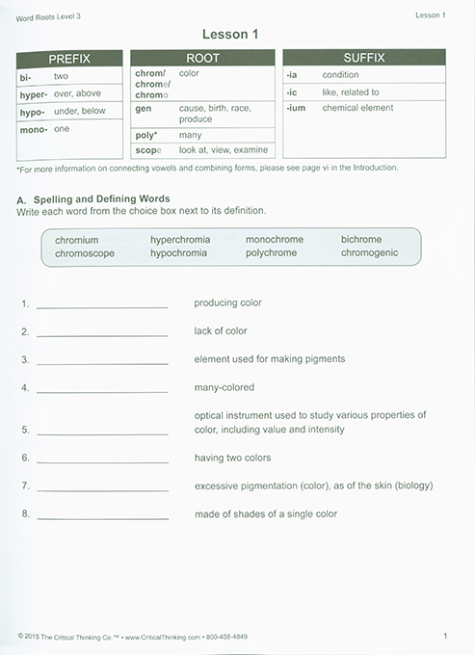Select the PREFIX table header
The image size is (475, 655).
69,58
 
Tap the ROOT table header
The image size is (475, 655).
202,58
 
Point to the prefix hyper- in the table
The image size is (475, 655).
34,94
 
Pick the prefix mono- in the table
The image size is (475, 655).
33,128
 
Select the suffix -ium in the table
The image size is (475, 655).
298,108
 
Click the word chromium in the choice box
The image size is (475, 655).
77,239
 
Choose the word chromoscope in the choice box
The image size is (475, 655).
85,252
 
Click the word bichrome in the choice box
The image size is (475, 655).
361,239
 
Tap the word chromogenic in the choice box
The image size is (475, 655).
369,252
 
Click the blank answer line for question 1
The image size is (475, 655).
101,306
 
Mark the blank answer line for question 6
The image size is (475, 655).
101,461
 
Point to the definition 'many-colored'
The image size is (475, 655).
224,386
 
